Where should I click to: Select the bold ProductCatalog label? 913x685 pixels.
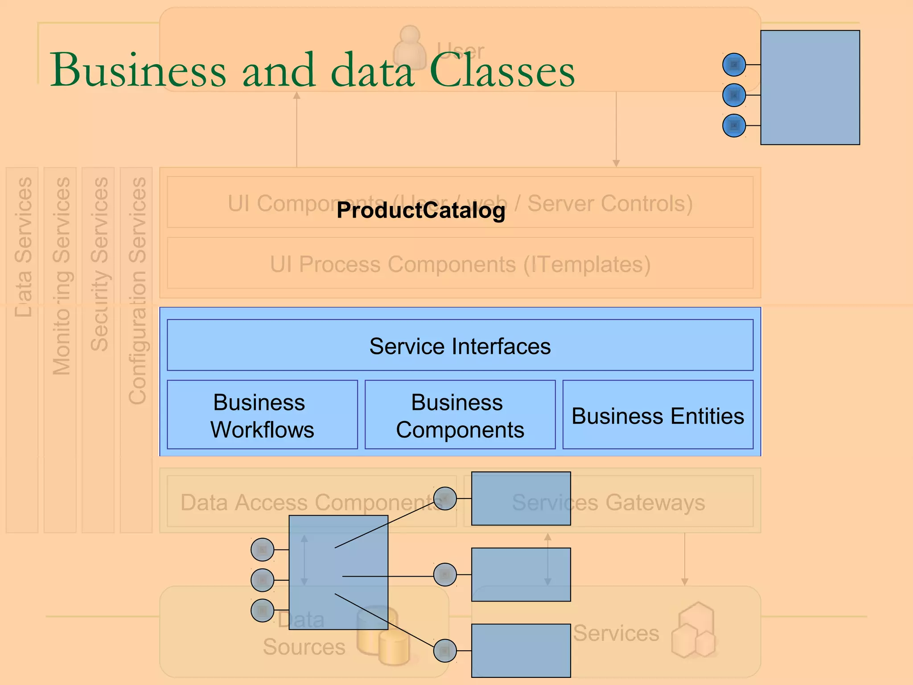tap(421, 210)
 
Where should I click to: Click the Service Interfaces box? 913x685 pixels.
tap(460, 346)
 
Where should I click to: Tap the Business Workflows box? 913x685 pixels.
tap(262, 415)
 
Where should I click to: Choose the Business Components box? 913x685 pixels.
tap(460, 415)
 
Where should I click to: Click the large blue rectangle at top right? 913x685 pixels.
tap(810, 87)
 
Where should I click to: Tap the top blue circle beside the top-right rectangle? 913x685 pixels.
tap(734, 65)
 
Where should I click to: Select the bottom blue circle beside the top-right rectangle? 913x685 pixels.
tap(734, 126)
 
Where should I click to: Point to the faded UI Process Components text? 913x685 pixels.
tap(460, 264)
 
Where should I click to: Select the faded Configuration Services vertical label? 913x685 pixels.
tap(137, 290)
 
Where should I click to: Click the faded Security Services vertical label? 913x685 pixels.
tap(99, 263)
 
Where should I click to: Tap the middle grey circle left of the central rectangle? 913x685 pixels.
tap(263, 580)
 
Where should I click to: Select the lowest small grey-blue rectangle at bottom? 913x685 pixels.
tap(521, 651)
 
